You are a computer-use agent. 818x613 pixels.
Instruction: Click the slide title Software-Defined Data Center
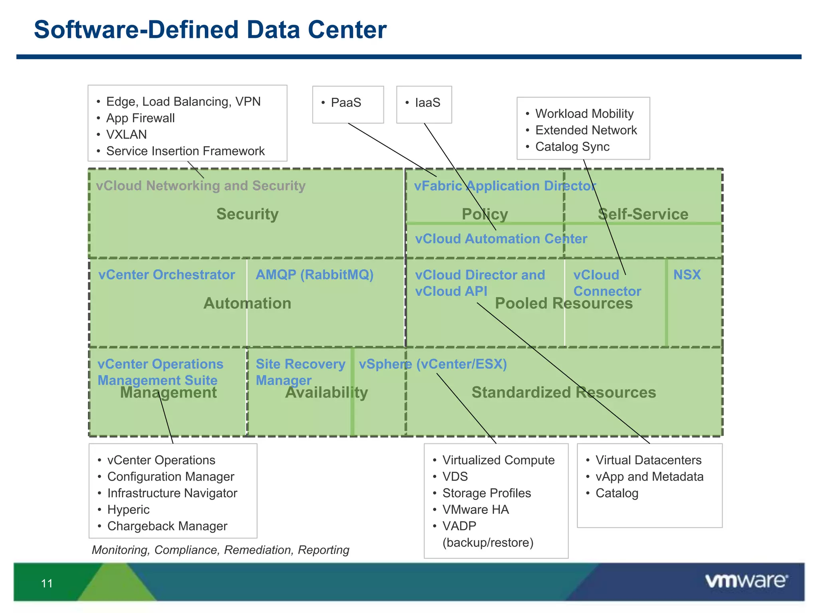click(210, 30)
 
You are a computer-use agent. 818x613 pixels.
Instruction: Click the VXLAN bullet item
click(126, 134)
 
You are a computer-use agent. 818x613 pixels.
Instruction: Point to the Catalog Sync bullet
click(572, 147)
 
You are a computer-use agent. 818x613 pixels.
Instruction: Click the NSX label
click(687, 275)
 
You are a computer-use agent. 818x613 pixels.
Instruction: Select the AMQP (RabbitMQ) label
click(314, 275)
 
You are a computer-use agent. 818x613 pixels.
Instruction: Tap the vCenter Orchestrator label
click(167, 275)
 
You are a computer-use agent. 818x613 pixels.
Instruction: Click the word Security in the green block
click(247, 214)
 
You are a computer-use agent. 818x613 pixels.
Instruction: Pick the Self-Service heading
click(643, 214)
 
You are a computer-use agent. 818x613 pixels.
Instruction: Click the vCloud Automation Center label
click(501, 239)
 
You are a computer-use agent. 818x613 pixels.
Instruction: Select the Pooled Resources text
click(564, 303)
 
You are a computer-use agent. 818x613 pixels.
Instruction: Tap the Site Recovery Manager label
click(300, 372)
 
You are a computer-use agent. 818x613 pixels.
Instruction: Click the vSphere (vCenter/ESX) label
click(433, 364)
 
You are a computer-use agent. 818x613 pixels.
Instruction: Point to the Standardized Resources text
click(564, 392)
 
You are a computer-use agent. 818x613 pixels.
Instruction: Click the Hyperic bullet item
click(128, 510)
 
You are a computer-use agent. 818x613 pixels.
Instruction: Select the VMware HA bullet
click(475, 510)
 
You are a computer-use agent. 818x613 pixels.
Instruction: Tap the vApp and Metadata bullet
click(649, 477)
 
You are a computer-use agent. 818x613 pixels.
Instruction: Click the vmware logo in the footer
click(746, 581)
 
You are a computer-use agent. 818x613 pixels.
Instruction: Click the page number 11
click(47, 583)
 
